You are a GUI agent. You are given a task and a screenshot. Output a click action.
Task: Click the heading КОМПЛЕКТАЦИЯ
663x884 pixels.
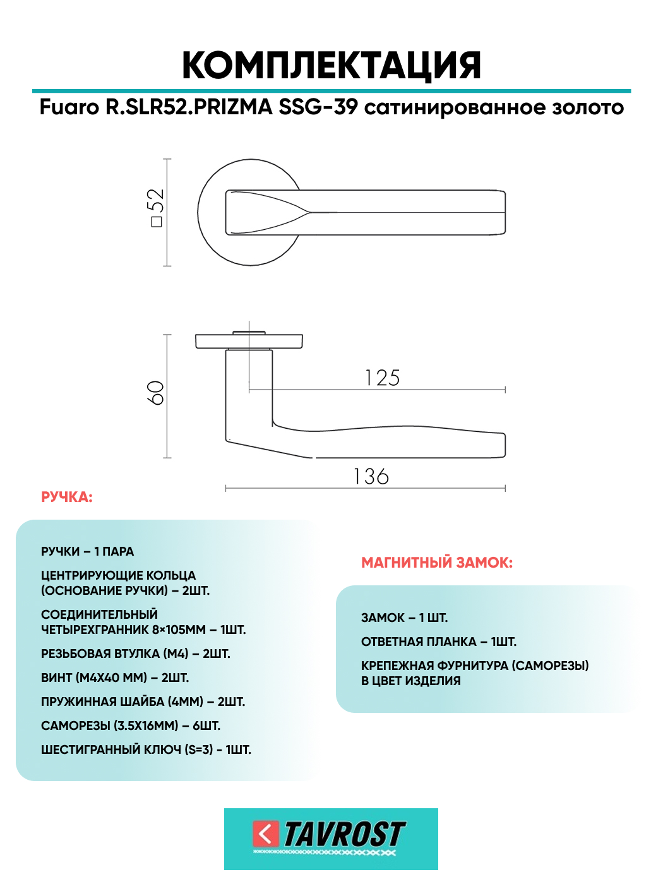coord(331,65)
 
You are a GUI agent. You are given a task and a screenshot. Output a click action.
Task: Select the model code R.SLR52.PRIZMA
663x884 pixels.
coord(189,107)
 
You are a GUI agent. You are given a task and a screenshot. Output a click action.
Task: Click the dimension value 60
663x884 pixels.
coord(156,393)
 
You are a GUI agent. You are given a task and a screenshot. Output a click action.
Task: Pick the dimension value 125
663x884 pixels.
coord(383,378)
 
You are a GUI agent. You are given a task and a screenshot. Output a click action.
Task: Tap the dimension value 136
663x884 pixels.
coord(371,477)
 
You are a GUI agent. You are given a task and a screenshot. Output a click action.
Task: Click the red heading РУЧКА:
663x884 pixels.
coord(67,498)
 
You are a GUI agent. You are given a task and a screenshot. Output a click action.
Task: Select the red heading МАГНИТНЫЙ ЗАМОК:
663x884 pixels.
coord(437,563)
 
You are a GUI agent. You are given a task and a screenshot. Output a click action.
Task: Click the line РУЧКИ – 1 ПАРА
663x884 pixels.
coord(88,552)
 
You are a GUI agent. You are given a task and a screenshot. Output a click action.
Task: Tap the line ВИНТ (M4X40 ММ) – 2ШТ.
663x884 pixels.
coord(115,678)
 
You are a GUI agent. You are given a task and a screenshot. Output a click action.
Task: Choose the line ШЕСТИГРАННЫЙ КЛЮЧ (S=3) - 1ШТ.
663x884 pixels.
coord(146,750)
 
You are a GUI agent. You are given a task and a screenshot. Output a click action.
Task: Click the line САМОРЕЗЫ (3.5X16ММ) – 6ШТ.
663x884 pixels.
coord(131,726)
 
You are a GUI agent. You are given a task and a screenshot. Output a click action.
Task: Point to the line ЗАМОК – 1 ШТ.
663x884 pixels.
coord(404,618)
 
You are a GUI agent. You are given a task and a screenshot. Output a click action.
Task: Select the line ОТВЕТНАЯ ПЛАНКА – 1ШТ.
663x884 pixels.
coord(439,642)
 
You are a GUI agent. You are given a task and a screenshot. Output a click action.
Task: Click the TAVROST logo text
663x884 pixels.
coord(344,834)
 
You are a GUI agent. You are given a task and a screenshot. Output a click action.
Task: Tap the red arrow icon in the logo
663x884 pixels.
coord(265,833)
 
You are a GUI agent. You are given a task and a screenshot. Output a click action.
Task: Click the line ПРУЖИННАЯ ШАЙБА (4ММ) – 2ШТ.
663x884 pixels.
coord(143,702)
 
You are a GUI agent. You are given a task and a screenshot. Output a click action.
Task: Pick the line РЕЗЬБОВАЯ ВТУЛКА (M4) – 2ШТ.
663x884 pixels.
coord(136,654)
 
